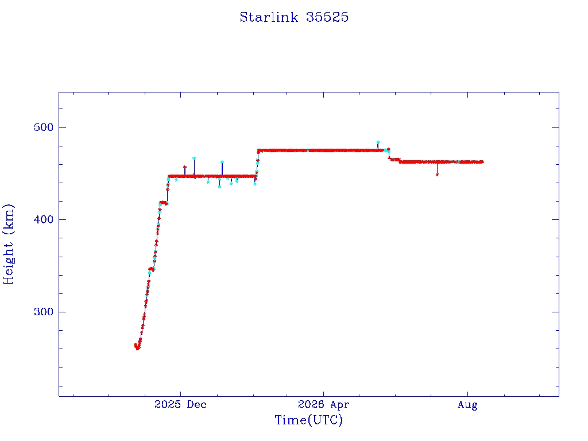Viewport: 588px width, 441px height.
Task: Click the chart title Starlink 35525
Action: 294,17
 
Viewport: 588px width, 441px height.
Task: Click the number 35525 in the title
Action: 327,17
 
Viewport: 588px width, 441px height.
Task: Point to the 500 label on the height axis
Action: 44,127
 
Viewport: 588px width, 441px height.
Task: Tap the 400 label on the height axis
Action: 44,219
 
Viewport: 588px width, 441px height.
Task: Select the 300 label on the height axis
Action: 44,312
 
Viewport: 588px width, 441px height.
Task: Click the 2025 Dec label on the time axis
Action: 180,404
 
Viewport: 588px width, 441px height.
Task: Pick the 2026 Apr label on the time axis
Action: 323,404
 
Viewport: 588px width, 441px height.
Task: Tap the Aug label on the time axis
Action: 467,405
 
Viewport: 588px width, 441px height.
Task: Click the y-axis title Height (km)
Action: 8,244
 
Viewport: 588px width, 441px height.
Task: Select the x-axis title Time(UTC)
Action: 308,420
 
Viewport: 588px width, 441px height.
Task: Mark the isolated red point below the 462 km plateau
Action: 437,175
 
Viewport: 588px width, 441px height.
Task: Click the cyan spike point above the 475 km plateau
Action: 378,142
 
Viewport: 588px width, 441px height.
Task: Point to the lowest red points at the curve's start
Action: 137,347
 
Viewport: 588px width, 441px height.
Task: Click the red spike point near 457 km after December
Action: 184,167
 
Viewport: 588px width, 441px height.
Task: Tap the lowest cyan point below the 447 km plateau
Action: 219,187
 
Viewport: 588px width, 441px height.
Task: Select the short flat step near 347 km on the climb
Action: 152,269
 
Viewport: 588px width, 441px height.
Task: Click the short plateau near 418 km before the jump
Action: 163,203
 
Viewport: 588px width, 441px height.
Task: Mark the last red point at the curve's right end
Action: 482,162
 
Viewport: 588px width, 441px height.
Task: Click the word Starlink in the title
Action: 269,17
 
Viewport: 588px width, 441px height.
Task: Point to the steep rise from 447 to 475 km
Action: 257,164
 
